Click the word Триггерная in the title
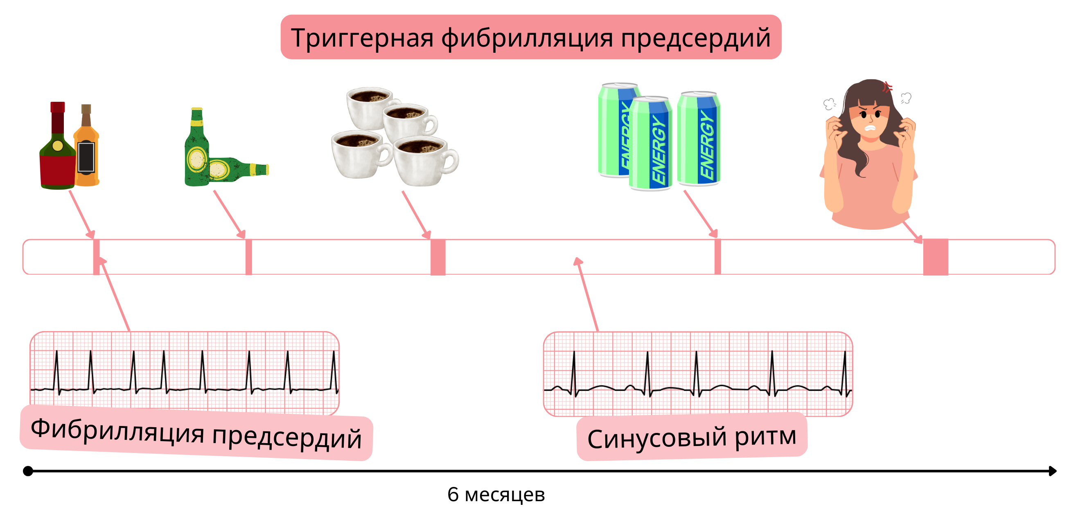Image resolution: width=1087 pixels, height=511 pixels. [362, 38]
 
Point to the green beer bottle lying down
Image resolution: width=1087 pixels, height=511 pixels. [239, 170]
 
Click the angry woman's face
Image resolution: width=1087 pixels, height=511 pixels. [870, 120]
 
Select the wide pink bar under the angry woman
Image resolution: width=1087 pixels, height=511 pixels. [936, 257]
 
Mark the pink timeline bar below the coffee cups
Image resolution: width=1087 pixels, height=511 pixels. [438, 257]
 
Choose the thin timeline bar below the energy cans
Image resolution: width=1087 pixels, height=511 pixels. [717, 257]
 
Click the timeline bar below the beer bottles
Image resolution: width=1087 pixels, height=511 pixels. [248, 257]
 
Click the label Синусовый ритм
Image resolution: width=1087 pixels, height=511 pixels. [692, 437]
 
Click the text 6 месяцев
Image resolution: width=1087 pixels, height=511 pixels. [496, 494]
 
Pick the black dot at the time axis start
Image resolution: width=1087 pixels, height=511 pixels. [28, 471]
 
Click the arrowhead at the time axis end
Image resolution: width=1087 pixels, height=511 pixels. [1052, 471]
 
